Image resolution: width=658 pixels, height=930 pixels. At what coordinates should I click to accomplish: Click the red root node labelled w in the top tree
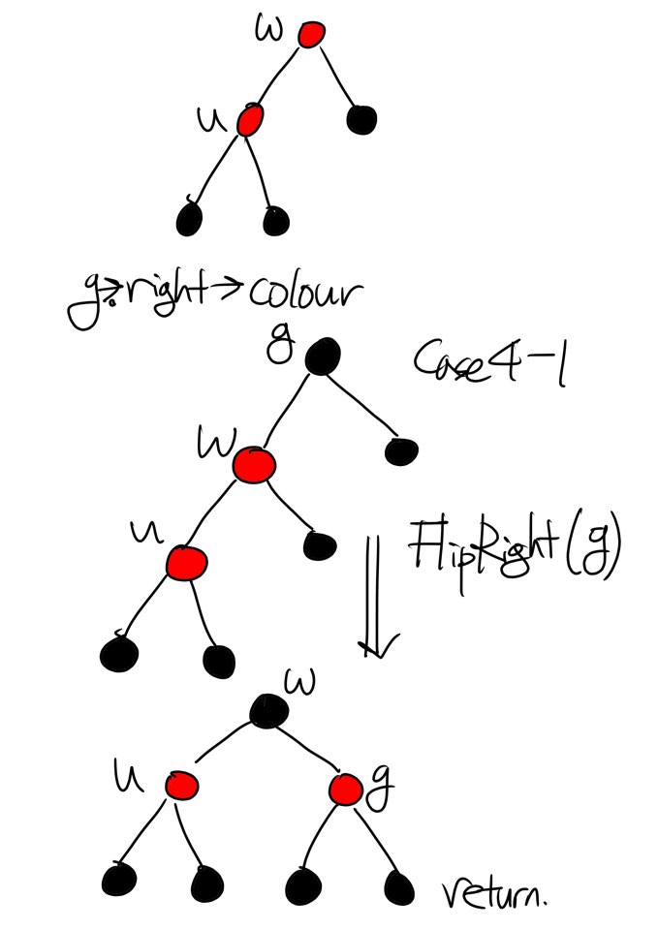click(310, 35)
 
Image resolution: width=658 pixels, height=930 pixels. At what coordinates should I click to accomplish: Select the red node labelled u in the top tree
click(249, 120)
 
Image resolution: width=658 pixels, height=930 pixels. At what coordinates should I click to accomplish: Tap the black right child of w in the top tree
click(361, 119)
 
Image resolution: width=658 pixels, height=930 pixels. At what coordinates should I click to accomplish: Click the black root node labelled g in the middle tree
click(322, 357)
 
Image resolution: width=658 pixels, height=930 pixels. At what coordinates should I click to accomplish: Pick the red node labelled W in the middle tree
click(254, 465)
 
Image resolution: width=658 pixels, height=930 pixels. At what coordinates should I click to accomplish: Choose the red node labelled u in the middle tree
click(183, 562)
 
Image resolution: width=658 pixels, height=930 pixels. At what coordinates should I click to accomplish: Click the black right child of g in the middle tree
click(400, 450)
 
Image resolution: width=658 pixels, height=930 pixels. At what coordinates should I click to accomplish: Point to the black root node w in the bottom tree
click(267, 711)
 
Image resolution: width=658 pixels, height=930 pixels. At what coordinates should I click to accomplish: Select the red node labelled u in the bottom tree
click(179, 785)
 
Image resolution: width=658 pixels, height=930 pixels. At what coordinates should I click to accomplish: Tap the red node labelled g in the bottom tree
click(344, 790)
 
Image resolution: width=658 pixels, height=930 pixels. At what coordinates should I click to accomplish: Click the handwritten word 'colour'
click(306, 291)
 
